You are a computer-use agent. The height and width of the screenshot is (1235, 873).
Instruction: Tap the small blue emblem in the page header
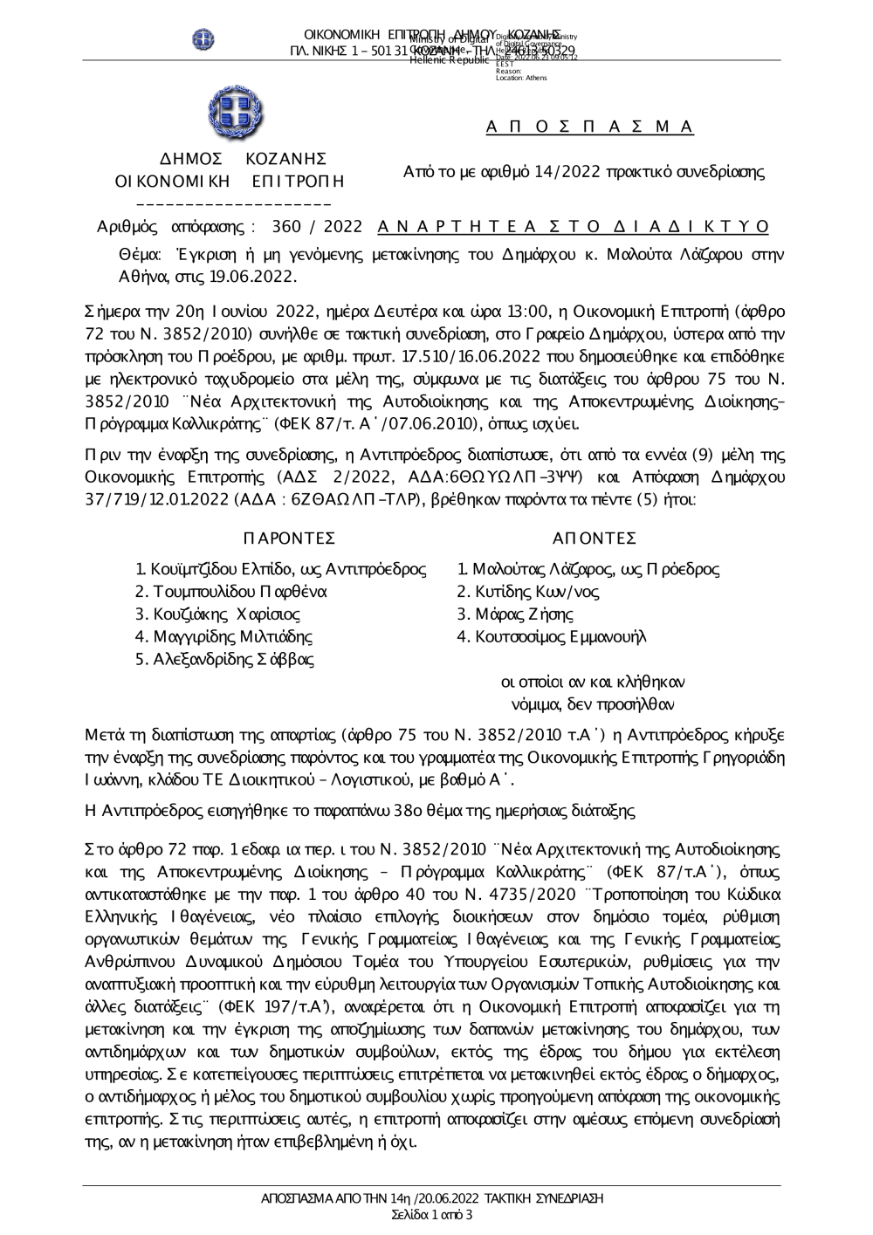(x=203, y=39)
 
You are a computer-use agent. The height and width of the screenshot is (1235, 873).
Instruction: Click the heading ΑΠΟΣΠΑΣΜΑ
(x=590, y=127)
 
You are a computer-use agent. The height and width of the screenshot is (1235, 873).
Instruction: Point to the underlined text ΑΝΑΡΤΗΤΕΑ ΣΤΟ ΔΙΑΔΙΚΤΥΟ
(x=574, y=227)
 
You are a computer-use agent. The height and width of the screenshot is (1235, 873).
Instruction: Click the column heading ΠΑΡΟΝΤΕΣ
(x=290, y=537)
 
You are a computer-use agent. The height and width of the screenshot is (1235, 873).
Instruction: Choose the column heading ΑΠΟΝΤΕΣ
(x=595, y=537)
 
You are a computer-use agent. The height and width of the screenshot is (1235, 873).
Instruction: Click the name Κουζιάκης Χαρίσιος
(x=226, y=614)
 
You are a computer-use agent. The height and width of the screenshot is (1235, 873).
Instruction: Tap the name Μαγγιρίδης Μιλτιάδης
(x=232, y=637)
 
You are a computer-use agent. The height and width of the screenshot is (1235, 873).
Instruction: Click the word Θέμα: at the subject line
(x=141, y=256)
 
